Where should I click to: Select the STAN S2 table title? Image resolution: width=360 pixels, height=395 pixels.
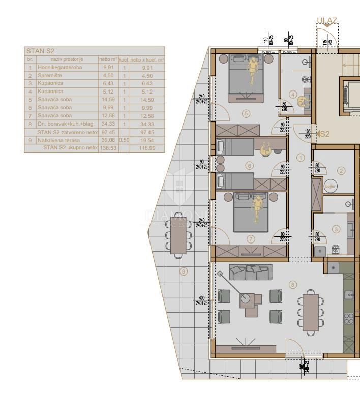40,51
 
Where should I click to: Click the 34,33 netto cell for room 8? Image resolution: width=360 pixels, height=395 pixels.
108,124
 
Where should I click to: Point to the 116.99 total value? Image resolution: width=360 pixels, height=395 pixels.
147,148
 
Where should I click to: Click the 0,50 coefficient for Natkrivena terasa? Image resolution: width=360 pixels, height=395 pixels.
124,140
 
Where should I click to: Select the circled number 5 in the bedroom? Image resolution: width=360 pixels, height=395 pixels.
246,113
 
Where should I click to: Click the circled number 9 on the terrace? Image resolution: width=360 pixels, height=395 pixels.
184,271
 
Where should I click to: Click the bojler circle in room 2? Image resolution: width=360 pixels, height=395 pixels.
331,186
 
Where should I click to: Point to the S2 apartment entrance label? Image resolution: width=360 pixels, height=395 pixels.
324,134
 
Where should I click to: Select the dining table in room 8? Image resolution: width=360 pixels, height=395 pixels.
310,311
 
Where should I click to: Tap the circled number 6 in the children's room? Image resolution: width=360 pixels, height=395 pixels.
249,165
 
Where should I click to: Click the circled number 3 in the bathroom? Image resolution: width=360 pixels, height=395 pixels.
336,229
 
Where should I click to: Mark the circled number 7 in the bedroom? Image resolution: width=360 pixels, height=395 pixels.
250,238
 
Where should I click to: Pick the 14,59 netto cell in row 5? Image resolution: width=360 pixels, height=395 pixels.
108,100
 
